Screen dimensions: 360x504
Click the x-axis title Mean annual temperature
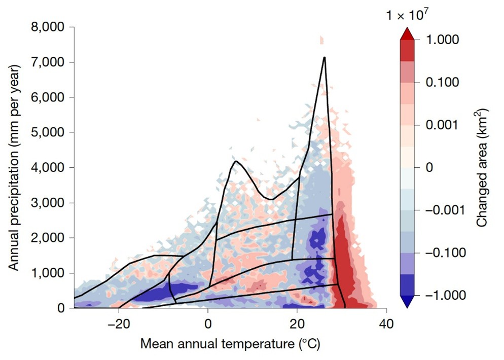coord(230,345)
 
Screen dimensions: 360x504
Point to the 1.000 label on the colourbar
coord(444,40)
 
